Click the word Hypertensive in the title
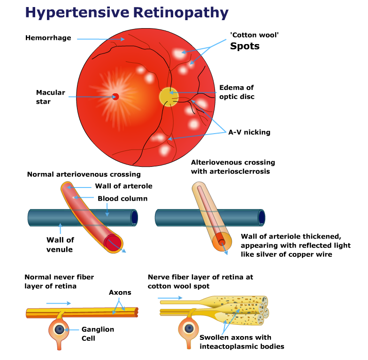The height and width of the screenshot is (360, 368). (77, 13)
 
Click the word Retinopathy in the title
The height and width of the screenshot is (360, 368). (181, 13)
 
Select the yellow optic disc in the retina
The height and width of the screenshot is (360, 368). (168, 97)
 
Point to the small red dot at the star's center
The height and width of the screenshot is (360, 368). (115, 97)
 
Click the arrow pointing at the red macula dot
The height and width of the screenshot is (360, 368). (92, 97)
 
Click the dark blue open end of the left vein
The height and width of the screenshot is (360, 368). (134, 217)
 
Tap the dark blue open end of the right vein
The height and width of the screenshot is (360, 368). (261, 217)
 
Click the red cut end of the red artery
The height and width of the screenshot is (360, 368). (113, 242)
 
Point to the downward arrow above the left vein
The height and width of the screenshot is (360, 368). (107, 210)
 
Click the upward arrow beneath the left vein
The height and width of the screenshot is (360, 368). (60, 228)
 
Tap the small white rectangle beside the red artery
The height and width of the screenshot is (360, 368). (96, 198)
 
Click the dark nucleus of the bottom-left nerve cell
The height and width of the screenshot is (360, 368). (59, 330)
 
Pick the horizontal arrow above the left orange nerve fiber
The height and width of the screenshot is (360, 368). (58, 303)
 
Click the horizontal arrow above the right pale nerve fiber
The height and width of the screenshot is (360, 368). (170, 298)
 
